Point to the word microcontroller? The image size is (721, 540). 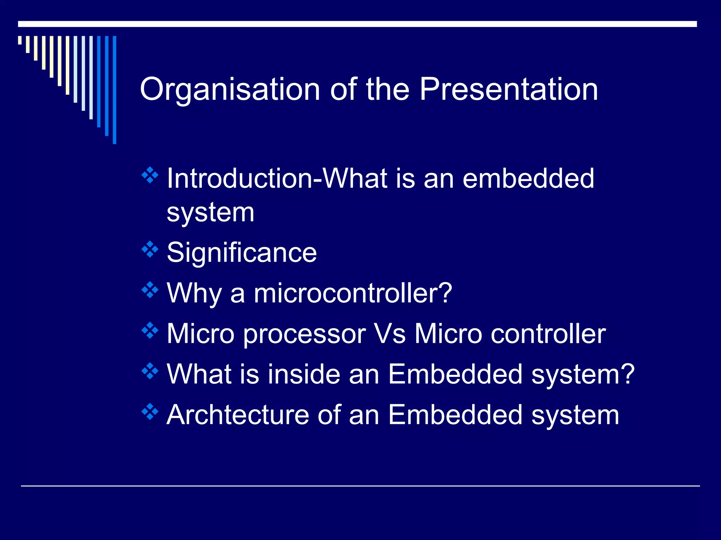coord(352,293)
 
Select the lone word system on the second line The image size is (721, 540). coord(210,213)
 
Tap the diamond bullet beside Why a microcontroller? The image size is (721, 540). coord(150,290)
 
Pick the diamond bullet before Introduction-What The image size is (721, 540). coord(150,175)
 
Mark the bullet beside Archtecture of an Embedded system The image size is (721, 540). coord(150,411)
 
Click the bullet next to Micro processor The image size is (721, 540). coord(150,330)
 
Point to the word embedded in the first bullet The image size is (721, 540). coord(528,179)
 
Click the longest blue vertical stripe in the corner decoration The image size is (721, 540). coord(114,90)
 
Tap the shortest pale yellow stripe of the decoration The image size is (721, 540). coord(20,40)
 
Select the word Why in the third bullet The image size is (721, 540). coord(193,293)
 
